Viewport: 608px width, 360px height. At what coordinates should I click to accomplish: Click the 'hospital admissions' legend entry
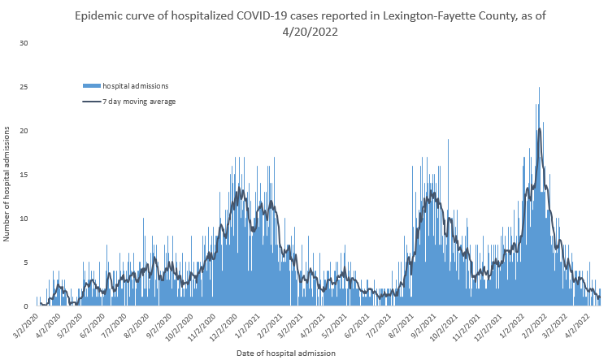(x=135, y=85)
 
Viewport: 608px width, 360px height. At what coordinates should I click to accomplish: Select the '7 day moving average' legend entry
(x=139, y=102)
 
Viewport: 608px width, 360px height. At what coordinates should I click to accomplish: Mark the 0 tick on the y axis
(x=26, y=306)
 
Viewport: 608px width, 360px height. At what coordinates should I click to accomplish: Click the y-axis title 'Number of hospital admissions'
(x=7, y=183)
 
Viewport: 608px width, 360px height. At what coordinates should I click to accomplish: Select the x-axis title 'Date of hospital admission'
(x=285, y=353)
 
